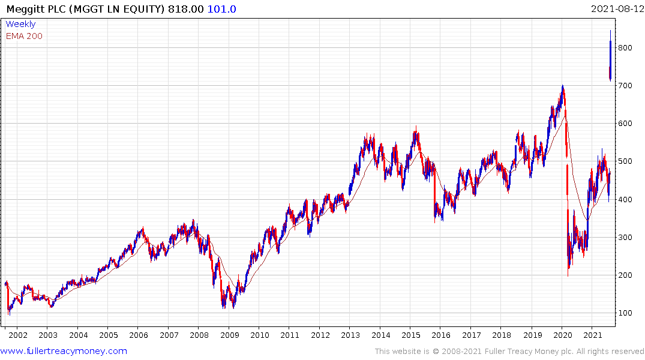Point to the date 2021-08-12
(616, 9)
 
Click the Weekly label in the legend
(20, 24)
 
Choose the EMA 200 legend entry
(24, 36)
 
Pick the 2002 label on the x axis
(17, 335)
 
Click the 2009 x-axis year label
(229, 335)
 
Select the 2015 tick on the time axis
(411, 335)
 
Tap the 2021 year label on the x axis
(593, 335)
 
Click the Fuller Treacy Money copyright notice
(509, 351)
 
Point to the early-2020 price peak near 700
(562, 87)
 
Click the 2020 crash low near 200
(568, 274)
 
